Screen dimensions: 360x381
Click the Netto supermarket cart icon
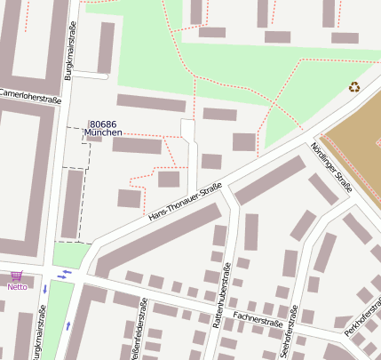point(15,276)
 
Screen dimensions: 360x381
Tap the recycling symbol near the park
point(354,87)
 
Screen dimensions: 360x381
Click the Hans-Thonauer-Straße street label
point(185,203)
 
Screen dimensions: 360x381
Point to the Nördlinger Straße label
point(332,168)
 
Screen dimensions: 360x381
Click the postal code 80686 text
point(103,124)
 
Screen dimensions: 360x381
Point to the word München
point(103,133)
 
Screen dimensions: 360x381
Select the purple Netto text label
point(17,286)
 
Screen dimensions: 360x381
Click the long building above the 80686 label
point(151,102)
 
